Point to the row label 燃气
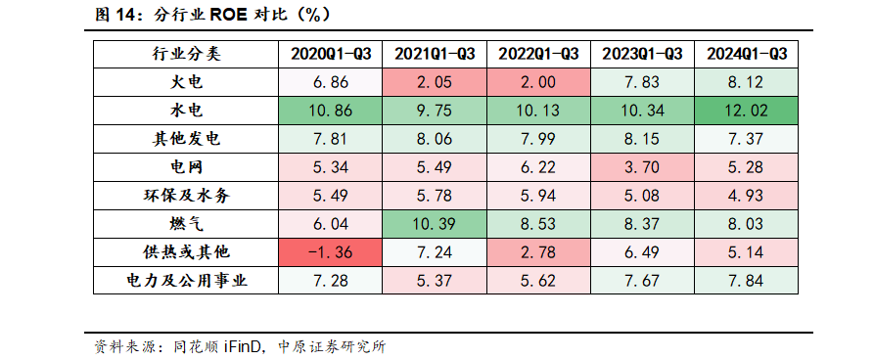[x=186, y=224]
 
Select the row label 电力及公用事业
[x=186, y=282]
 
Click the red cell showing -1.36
[x=331, y=252]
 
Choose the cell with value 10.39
[x=435, y=224]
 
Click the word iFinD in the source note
[x=241, y=346]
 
